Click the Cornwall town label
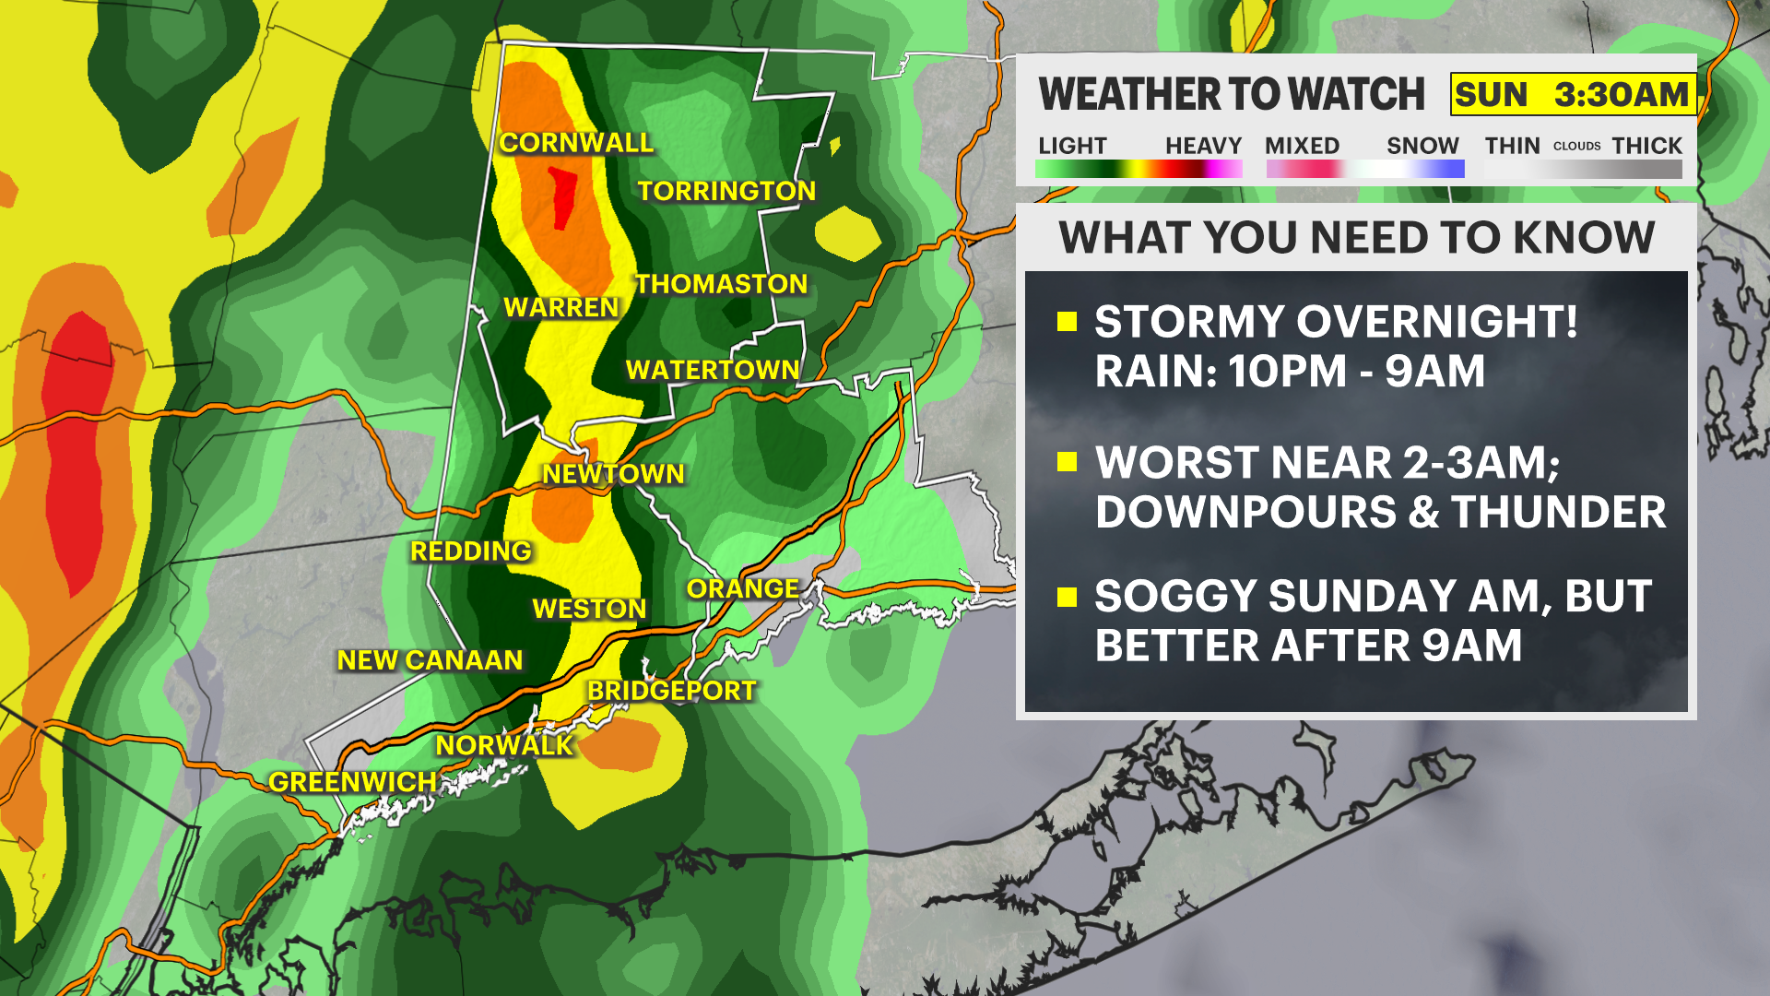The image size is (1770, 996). [x=576, y=143]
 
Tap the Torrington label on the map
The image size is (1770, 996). [x=726, y=191]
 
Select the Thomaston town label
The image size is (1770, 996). [x=721, y=284]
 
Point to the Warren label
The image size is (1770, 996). [x=560, y=307]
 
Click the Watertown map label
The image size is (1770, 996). [x=712, y=370]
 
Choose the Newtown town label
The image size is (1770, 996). [x=613, y=474]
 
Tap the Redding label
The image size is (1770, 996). [x=470, y=551]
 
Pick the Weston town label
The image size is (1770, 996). [x=589, y=609]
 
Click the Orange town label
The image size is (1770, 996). [x=742, y=588]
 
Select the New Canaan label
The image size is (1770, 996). [x=430, y=660]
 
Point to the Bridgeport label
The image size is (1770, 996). [x=671, y=691]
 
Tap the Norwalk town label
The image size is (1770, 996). [x=504, y=745]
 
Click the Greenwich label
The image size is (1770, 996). [x=352, y=782]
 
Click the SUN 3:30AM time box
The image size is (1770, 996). [x=1572, y=94]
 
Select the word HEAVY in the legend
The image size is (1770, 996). [x=1203, y=146]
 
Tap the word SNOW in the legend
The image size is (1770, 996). [x=1422, y=146]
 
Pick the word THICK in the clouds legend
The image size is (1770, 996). [x=1646, y=146]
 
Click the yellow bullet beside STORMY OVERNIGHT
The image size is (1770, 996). [x=1068, y=321]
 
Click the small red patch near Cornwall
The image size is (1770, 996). [x=561, y=196]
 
